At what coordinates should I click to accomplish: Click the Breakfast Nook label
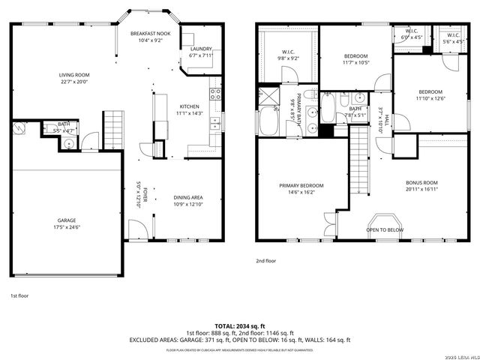click(x=151, y=34)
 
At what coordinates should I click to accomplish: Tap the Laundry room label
click(x=201, y=49)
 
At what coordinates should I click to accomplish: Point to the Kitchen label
click(x=188, y=106)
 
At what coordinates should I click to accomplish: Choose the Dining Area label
click(x=188, y=197)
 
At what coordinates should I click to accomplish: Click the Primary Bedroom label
click(x=301, y=185)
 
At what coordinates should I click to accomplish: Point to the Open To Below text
click(x=385, y=229)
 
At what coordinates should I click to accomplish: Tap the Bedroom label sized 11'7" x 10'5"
click(x=356, y=56)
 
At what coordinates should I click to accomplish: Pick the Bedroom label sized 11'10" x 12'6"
click(x=430, y=91)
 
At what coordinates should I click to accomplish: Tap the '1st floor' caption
click(x=19, y=295)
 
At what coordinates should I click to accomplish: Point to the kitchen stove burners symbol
click(x=215, y=94)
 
